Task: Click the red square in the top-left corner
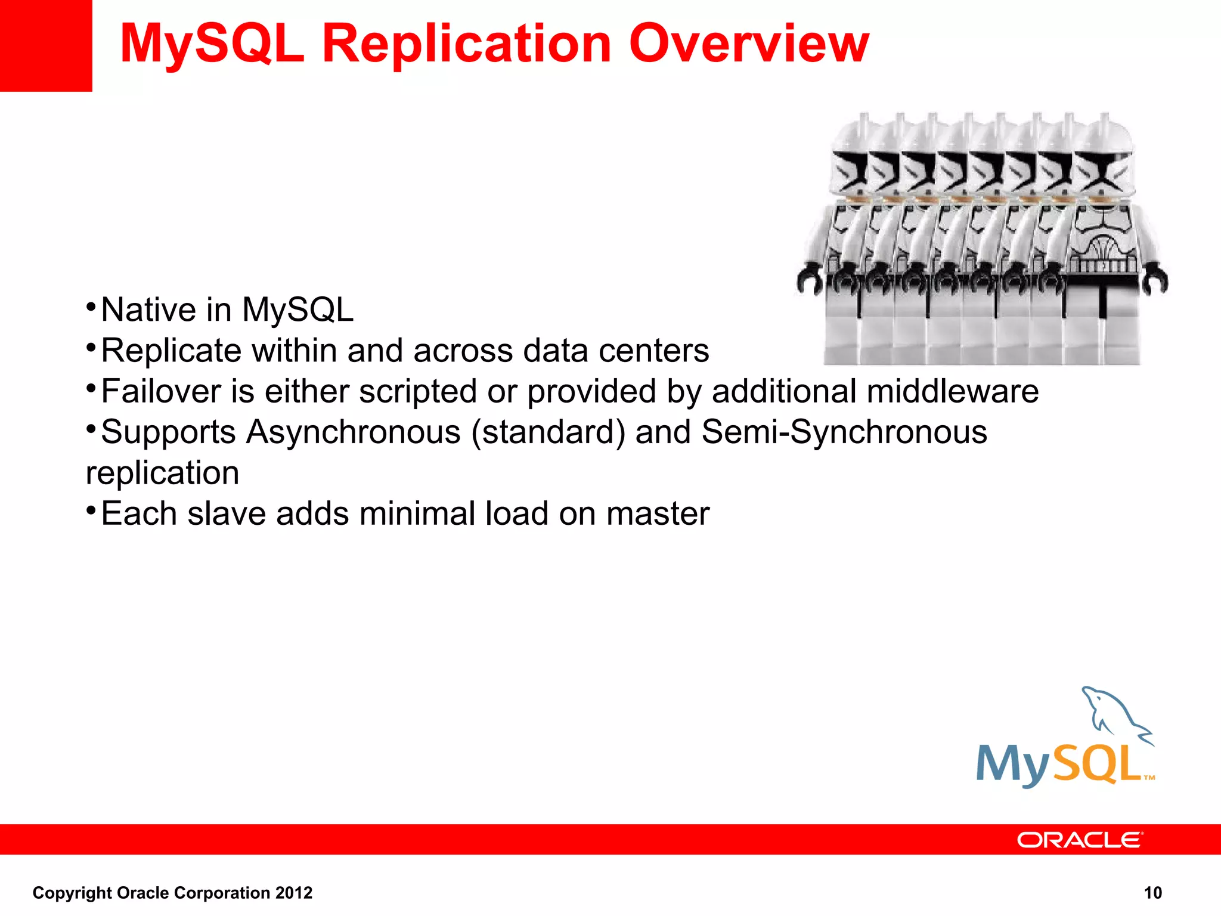[45, 45]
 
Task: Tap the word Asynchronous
[354, 432]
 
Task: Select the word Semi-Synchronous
[844, 432]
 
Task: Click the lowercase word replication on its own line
[162, 474]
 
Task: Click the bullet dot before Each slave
[91, 510]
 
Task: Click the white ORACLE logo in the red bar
[1079, 840]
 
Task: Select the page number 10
[1152, 893]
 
